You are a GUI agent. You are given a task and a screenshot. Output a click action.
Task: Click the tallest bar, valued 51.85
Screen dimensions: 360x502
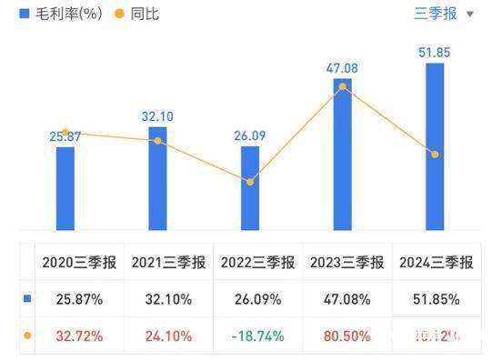pyautogui.click(x=436, y=145)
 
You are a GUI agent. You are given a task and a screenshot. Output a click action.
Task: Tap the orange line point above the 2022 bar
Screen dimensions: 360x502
pyautogui.click(x=250, y=182)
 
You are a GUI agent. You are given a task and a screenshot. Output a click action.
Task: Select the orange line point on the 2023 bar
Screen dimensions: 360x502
pyautogui.click(x=343, y=86)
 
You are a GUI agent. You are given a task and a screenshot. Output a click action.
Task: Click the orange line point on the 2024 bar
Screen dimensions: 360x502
pyautogui.click(x=436, y=155)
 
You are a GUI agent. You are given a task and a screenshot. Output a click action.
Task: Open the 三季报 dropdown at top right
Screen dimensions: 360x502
pyautogui.click(x=445, y=14)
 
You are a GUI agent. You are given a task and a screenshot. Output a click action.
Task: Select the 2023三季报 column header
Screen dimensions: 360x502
pyautogui.click(x=346, y=263)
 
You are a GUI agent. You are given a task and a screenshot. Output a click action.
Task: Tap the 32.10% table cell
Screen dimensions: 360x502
pyautogui.click(x=165, y=299)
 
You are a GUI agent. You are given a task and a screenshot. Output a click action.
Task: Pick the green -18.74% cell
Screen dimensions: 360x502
pyautogui.click(x=256, y=335)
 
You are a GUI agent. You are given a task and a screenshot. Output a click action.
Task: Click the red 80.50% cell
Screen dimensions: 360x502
pyautogui.click(x=346, y=335)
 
